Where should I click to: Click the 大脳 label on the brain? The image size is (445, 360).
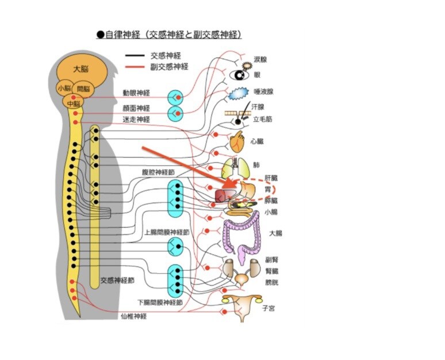[x=80, y=69]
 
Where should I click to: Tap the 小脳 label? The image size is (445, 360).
[x=64, y=89]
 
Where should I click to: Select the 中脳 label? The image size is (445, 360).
[x=74, y=104]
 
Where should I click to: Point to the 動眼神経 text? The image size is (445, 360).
[x=136, y=93]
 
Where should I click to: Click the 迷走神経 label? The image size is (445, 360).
[x=136, y=120]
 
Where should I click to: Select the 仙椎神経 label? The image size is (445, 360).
[x=133, y=316]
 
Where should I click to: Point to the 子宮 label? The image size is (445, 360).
[x=268, y=308]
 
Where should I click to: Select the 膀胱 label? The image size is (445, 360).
[x=272, y=282]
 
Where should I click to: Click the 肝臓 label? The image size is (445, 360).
[x=271, y=178]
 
